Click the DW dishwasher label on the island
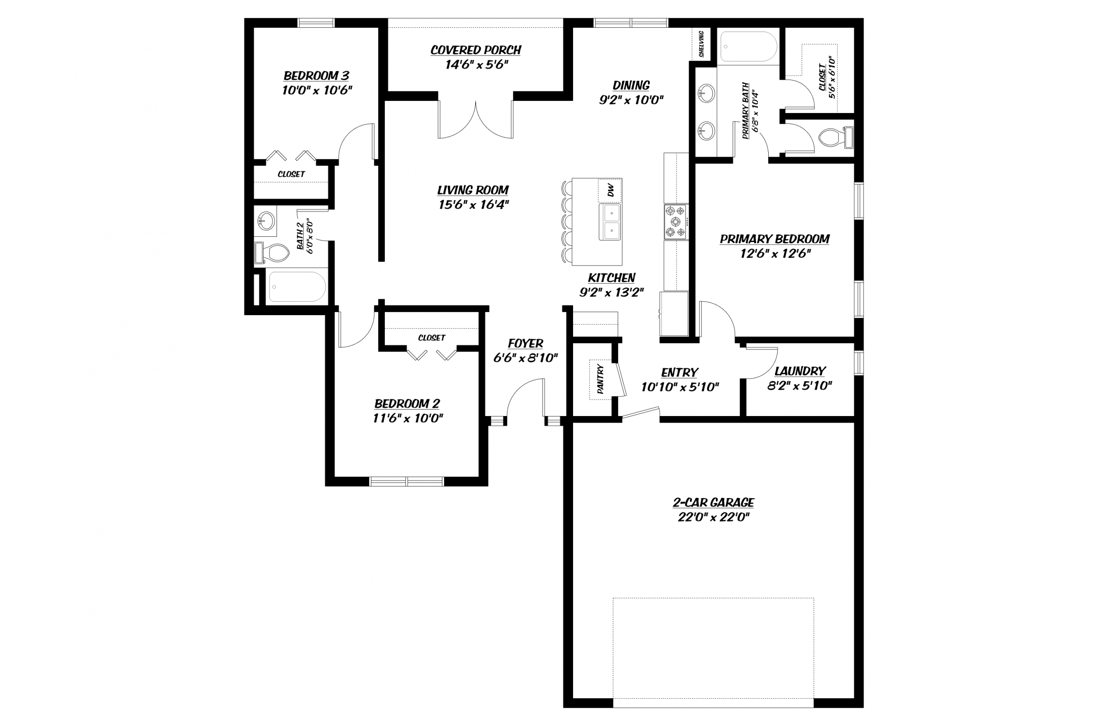click(x=610, y=190)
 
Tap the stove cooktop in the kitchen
click(x=676, y=222)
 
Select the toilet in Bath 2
click(x=273, y=253)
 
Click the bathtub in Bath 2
click(x=296, y=287)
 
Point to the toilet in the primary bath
click(x=835, y=137)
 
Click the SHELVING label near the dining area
click(x=701, y=44)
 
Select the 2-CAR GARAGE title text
click(x=713, y=503)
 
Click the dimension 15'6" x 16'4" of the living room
click(x=473, y=204)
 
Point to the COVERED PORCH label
click(x=476, y=50)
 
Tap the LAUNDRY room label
click(x=800, y=371)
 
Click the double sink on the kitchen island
click(x=610, y=222)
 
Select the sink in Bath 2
click(x=266, y=221)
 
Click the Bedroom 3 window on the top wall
click(x=316, y=23)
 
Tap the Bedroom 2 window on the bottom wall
click(x=406, y=481)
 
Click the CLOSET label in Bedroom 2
click(x=432, y=338)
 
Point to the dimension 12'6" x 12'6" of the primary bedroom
click(x=775, y=253)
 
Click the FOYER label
click(x=525, y=343)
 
